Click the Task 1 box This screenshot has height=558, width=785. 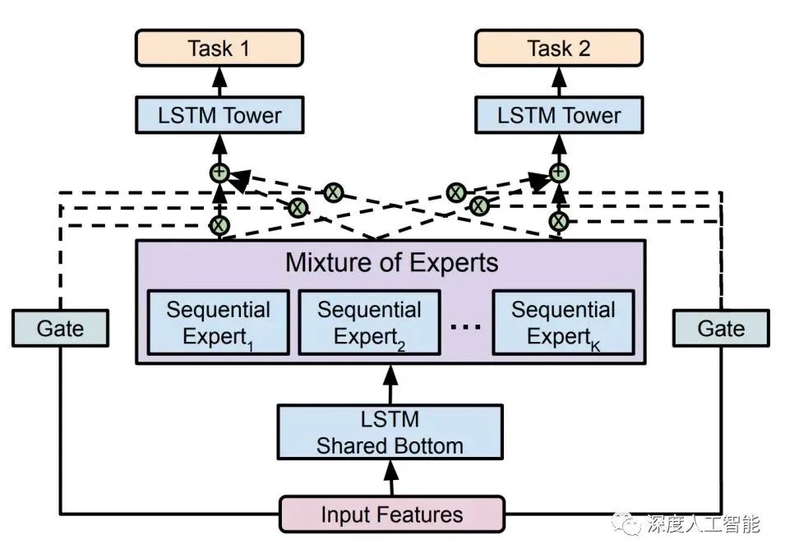point(219,48)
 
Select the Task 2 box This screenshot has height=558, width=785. point(559,48)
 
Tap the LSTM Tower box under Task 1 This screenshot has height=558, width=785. point(219,115)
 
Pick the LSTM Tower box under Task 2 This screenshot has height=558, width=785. point(559,115)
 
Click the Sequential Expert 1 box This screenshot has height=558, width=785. point(218,322)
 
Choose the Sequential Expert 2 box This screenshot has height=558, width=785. point(369,322)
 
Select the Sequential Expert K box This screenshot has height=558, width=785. point(563,322)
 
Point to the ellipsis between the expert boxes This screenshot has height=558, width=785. point(465,325)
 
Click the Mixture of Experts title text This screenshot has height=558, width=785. point(391,263)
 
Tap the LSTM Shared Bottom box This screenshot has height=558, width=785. point(390,432)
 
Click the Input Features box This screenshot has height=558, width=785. point(392,514)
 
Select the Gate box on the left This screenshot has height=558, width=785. point(61,328)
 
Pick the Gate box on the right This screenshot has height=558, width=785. point(721,328)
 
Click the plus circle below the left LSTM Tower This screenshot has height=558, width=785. point(219,173)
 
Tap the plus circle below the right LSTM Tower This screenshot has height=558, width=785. point(559,173)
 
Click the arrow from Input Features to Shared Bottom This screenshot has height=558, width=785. point(390,477)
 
